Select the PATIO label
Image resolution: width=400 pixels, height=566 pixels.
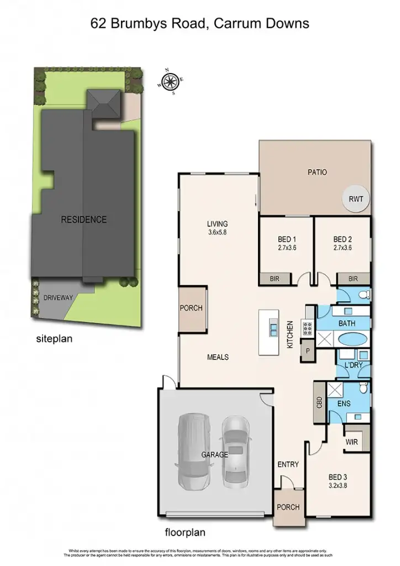tap(317, 172)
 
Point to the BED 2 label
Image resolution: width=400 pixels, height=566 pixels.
tap(343, 239)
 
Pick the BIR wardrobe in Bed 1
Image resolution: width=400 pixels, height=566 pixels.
tap(275, 280)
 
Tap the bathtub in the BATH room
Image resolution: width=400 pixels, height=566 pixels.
tap(351, 354)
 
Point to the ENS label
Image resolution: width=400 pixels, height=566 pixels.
tap(344, 404)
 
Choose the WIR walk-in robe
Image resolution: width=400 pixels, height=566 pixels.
tap(352, 442)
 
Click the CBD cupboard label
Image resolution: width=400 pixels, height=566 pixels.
tap(319, 402)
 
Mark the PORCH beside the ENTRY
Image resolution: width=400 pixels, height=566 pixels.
tap(288, 507)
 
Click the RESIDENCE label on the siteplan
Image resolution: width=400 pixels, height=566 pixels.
tap(83, 219)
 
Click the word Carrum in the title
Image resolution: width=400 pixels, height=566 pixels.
tap(239, 23)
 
